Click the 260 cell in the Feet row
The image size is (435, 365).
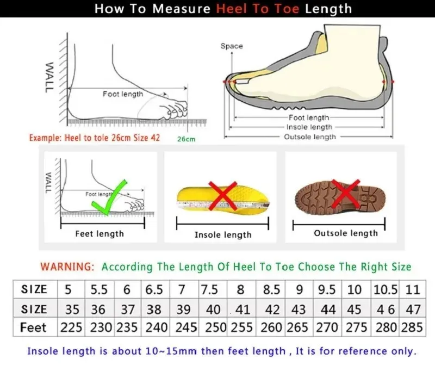point(271,328)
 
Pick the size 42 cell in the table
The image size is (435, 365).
point(271,310)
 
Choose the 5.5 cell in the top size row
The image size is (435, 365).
point(98,289)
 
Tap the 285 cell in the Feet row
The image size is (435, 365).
point(412,328)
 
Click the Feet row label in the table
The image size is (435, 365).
point(34,328)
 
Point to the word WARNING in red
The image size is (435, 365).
point(67,267)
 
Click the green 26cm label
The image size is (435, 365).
point(186,139)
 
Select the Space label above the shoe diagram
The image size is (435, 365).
point(232,46)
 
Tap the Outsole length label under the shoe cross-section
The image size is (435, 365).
point(310,137)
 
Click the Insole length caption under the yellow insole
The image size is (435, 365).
point(223,234)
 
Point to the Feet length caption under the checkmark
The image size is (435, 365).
point(100,233)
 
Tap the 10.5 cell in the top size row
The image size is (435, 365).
point(385,289)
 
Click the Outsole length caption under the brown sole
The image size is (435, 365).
point(345,233)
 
